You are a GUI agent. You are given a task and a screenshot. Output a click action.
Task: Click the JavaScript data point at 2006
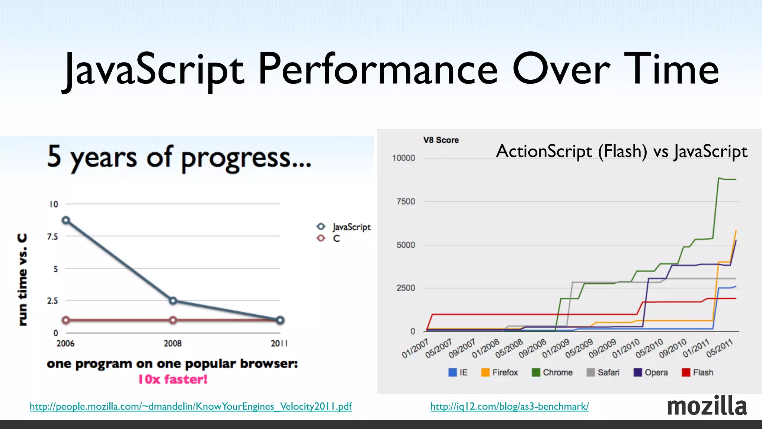[x=66, y=220]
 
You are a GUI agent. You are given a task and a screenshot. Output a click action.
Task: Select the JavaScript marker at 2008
[x=173, y=301]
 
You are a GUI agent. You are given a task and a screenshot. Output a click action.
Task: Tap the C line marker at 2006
[x=66, y=320]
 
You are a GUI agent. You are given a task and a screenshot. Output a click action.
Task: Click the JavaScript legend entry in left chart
[x=343, y=227]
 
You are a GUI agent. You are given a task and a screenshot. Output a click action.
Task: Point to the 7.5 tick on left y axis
[x=52, y=236]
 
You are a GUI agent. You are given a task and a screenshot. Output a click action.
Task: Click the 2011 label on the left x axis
[x=279, y=343]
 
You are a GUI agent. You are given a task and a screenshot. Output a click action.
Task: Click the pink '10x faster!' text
[x=173, y=379]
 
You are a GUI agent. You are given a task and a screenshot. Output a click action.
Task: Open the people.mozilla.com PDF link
[x=190, y=406]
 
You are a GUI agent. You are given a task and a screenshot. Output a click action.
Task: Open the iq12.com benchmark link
[x=509, y=406]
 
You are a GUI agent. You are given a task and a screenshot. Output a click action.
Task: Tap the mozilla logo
[x=707, y=406]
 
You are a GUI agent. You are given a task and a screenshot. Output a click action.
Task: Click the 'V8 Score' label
[x=441, y=140]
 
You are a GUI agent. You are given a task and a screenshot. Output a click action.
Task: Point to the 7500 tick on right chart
[x=406, y=201]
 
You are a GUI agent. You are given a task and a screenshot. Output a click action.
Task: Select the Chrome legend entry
[x=552, y=372]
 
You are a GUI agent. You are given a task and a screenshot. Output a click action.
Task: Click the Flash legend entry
[x=698, y=372]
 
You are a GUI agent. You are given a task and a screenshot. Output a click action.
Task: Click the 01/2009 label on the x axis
[x=556, y=348]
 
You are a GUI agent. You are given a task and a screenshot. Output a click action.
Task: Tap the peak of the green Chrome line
[x=719, y=178]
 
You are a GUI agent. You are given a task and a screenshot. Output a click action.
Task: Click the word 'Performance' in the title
[x=378, y=70]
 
